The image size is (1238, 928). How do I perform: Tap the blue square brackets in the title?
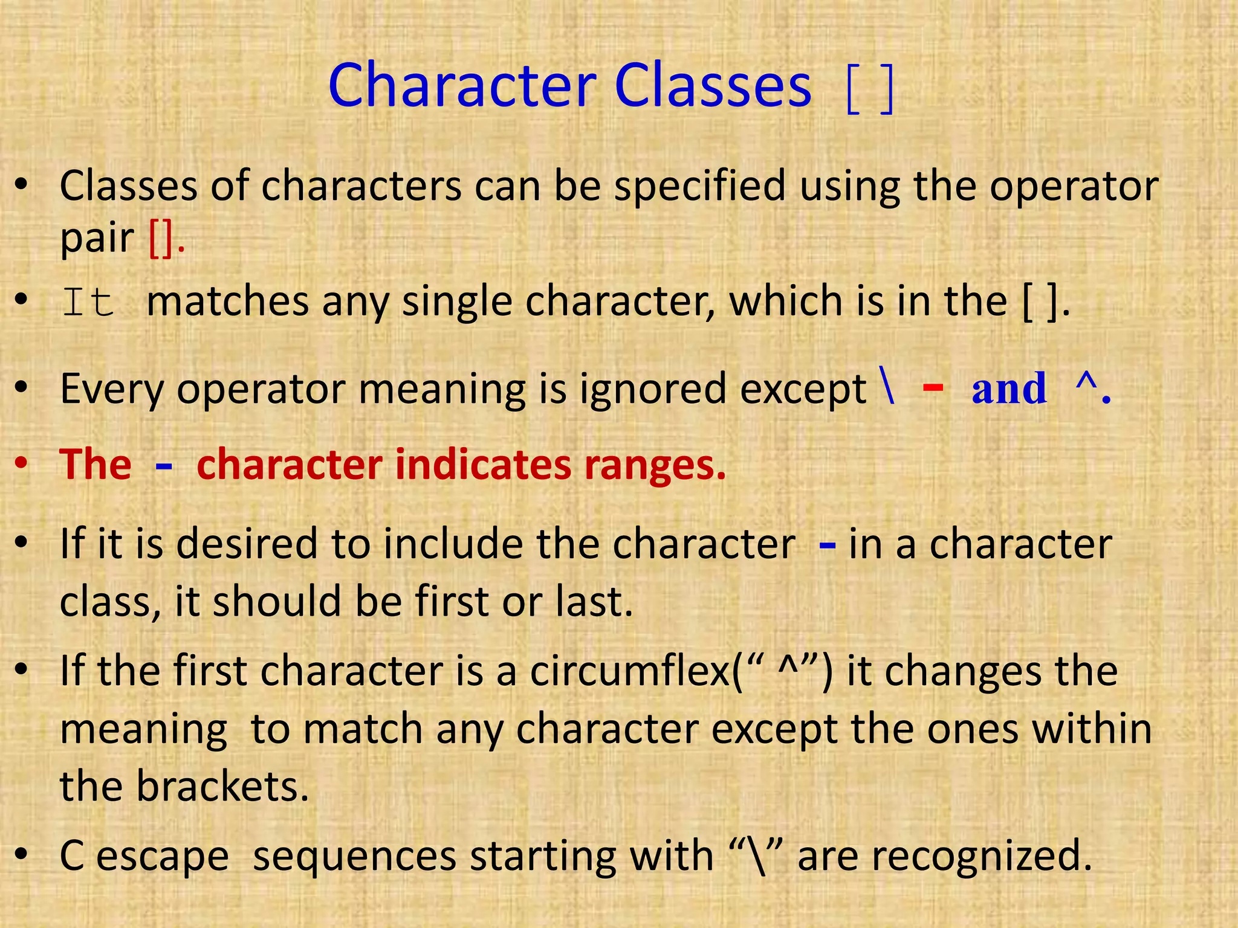[x=870, y=91]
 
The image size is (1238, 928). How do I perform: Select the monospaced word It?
[x=88, y=302]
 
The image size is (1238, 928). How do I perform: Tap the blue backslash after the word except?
[x=888, y=387]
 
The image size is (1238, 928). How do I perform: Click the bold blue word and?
[x=1009, y=388]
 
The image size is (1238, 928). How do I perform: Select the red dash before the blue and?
[x=933, y=387]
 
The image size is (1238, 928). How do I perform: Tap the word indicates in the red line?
[x=483, y=465]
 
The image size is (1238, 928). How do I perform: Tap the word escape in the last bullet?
[x=163, y=857]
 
